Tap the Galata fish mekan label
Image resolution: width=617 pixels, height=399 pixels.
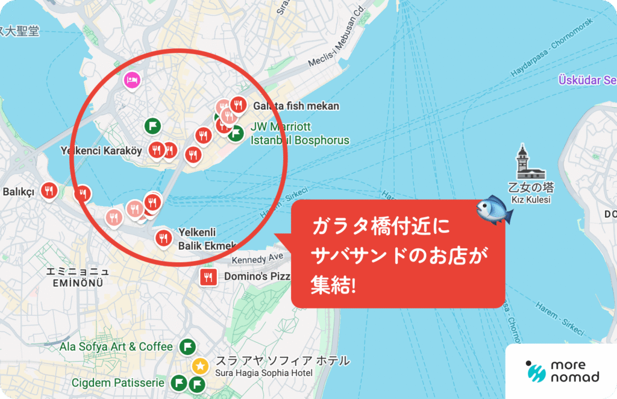click(x=296, y=106)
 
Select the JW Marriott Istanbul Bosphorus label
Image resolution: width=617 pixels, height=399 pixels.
click(x=299, y=134)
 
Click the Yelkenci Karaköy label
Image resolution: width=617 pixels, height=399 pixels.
click(x=101, y=151)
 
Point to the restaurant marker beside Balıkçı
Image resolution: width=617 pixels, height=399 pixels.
click(x=49, y=191)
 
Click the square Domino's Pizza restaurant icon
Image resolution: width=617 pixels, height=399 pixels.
click(x=208, y=277)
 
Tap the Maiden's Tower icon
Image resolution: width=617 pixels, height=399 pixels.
click(x=522, y=161)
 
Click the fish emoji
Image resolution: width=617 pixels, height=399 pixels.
click(x=494, y=209)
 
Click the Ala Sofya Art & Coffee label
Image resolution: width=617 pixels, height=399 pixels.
click(x=116, y=347)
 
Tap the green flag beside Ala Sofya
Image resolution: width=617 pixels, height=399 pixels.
click(x=187, y=347)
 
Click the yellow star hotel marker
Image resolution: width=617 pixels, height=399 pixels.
click(x=200, y=365)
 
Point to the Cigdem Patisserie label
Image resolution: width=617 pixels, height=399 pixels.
click(x=117, y=383)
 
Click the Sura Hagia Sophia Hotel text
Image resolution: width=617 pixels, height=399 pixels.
click(x=264, y=374)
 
